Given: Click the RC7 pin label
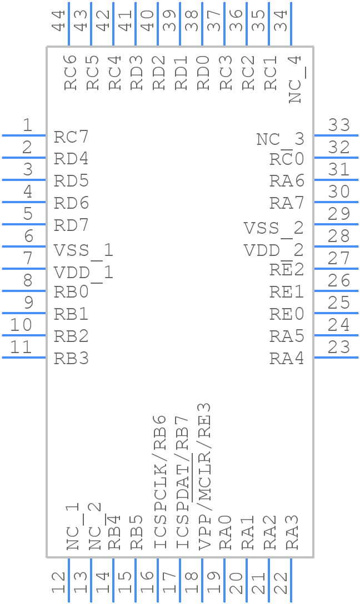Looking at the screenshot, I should pos(71,137).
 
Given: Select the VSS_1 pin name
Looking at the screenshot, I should pos(83,250).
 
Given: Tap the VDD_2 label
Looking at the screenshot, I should pos(274,250).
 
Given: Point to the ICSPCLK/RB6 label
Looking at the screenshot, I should pos(160,482).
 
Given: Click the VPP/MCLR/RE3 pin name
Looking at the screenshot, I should pos(204,476).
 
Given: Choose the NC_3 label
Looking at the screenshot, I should pos(281,139).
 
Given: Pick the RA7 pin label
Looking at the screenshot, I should pos(287,203).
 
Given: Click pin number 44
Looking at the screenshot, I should pos(58,21).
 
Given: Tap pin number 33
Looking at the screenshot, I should pos(339,125).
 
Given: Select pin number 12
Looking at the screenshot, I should pos(58,584).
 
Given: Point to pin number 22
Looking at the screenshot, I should pos(281,584).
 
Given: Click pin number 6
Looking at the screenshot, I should pos(28,236).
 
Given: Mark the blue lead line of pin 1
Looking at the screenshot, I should pos(24,135).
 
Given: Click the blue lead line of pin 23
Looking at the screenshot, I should pos(336,358).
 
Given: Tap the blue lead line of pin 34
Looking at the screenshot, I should pos(291,24).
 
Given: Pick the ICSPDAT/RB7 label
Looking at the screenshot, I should pos(182,482).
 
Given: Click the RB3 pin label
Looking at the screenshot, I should pos(71,359).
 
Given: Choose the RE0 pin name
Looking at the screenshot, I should pos(287,314).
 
